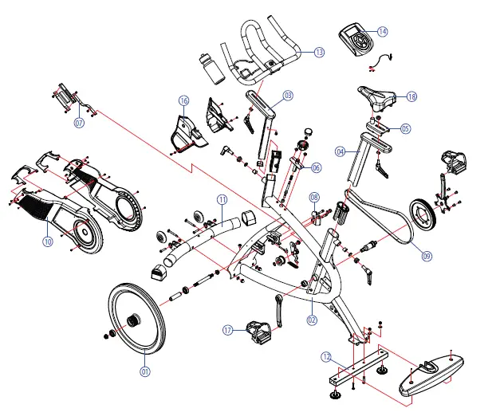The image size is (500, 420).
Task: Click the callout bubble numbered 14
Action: click(x=383, y=31)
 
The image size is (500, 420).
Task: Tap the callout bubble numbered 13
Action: click(x=319, y=53)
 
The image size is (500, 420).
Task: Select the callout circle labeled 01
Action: click(x=144, y=370)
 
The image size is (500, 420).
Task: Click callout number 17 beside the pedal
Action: click(x=228, y=330)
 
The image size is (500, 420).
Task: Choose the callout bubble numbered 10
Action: click(x=48, y=241)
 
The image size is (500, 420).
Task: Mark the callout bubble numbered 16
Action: click(x=184, y=101)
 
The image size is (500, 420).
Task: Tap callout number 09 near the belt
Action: click(x=427, y=256)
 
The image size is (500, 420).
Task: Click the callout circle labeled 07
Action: click(x=79, y=123)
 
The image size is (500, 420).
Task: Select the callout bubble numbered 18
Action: click(x=411, y=96)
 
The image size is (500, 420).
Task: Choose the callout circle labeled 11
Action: click(x=222, y=198)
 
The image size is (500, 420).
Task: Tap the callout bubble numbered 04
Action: click(x=341, y=151)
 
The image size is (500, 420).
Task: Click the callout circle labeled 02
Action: click(x=312, y=320)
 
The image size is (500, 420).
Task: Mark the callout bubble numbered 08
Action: click(x=313, y=197)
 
